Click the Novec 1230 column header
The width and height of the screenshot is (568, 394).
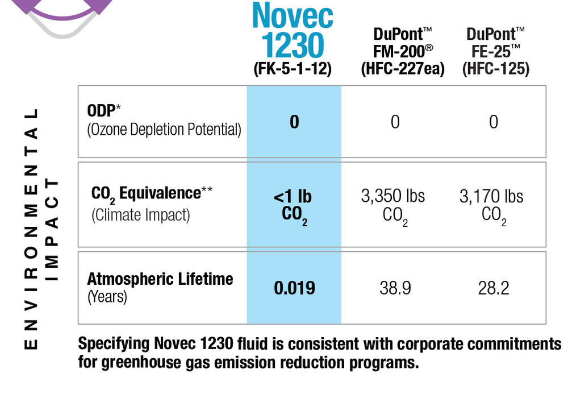[x=293, y=31]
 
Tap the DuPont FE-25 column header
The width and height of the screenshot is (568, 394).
[x=495, y=43]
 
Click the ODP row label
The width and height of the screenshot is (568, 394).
[x=164, y=120]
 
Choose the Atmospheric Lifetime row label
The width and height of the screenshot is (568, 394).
[x=160, y=287]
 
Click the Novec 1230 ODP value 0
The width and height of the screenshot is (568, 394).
[x=294, y=122]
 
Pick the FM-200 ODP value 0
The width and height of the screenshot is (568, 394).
[x=395, y=122]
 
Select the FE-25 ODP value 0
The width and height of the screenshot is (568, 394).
[x=494, y=122]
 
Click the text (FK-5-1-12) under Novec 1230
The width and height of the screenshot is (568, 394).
[x=293, y=69]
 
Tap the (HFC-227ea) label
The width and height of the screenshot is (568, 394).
[x=403, y=69]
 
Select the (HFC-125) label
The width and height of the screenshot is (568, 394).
[x=495, y=69]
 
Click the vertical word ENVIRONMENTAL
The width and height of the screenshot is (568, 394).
[x=32, y=228]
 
